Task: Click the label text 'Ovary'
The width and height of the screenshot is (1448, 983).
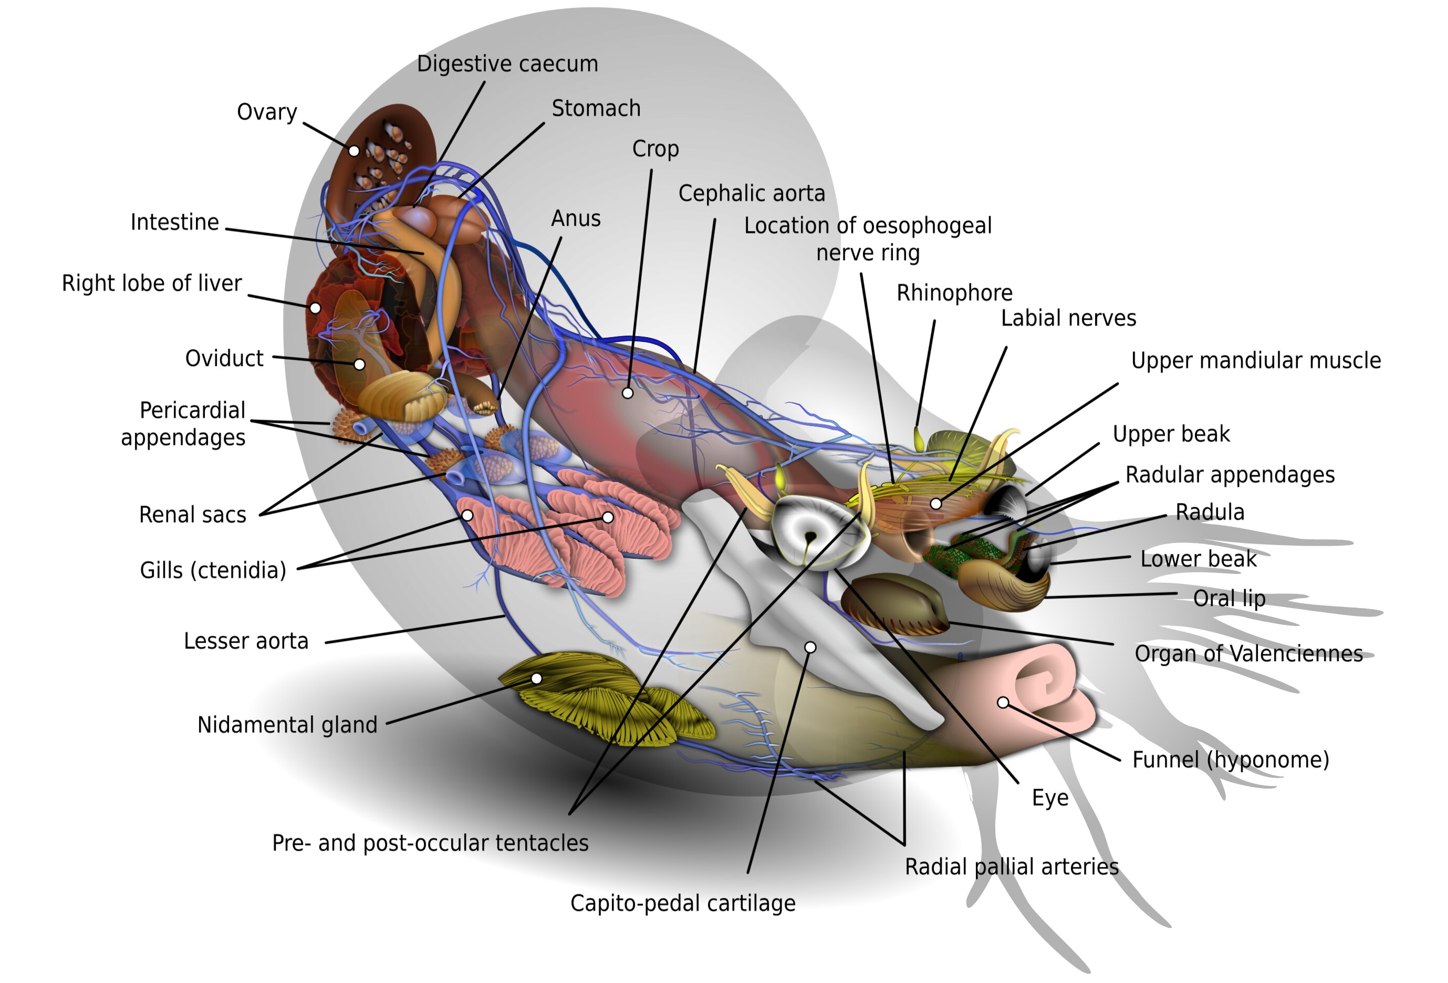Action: click(x=267, y=112)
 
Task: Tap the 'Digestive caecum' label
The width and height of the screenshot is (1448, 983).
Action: click(x=507, y=64)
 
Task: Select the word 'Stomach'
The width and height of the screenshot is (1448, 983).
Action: click(x=596, y=108)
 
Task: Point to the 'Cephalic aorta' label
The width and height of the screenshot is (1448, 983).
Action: click(x=752, y=194)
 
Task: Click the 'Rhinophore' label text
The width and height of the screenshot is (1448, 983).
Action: click(x=954, y=293)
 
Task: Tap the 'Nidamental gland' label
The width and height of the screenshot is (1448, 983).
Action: click(x=287, y=725)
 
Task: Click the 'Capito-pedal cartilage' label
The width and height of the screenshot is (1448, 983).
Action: click(x=682, y=903)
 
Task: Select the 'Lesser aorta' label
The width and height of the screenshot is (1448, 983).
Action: click(x=246, y=641)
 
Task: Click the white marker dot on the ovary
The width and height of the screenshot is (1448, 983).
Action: click(x=354, y=151)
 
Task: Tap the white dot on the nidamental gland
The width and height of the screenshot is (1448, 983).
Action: click(x=536, y=678)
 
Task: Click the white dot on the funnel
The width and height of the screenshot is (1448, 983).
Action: click(x=1003, y=703)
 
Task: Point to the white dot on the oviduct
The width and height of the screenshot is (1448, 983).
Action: click(x=360, y=364)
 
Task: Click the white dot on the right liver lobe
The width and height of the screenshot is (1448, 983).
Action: click(x=315, y=308)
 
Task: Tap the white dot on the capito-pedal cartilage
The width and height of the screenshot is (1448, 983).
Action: click(x=810, y=647)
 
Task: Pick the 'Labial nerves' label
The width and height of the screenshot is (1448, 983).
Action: click(x=1068, y=318)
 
